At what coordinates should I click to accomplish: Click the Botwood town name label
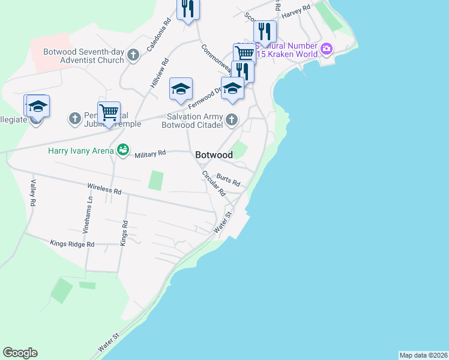coord(214,155)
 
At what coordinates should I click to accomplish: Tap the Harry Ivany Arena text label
coord(81,150)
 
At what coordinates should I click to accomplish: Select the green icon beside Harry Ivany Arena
coord(123,149)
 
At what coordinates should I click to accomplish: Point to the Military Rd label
coord(150,155)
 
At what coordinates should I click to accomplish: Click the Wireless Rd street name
coord(104,190)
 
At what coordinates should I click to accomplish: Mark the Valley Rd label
coord(34,193)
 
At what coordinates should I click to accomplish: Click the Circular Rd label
coord(214,184)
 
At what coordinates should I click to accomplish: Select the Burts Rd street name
coord(228,179)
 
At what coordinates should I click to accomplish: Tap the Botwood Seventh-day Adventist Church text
coord(83,56)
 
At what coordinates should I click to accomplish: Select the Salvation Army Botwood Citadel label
coord(192,121)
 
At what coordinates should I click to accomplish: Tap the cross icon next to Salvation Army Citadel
coord(231,121)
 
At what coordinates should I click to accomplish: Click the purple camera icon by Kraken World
coord(327,49)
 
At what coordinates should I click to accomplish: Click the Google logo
coord(20,353)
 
